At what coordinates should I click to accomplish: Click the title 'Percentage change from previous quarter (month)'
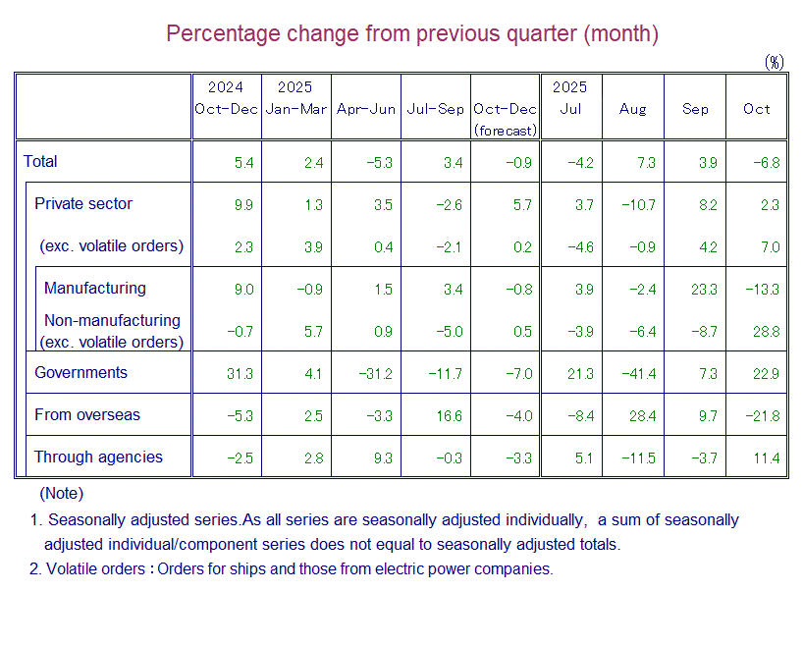click(411, 33)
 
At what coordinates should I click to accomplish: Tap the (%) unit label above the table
click(775, 62)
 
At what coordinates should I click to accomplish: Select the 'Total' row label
click(40, 162)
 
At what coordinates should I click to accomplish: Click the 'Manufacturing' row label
click(94, 289)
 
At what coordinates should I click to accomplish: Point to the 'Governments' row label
click(80, 373)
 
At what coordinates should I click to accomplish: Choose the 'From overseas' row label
click(86, 415)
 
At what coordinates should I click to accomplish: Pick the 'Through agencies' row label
click(98, 458)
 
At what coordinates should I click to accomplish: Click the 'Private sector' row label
click(83, 204)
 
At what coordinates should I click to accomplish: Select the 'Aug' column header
click(633, 109)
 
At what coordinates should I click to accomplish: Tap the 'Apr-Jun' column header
click(366, 109)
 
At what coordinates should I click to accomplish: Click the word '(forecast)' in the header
click(506, 130)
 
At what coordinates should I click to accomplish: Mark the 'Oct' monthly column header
click(757, 109)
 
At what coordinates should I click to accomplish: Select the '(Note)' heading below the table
click(61, 494)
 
